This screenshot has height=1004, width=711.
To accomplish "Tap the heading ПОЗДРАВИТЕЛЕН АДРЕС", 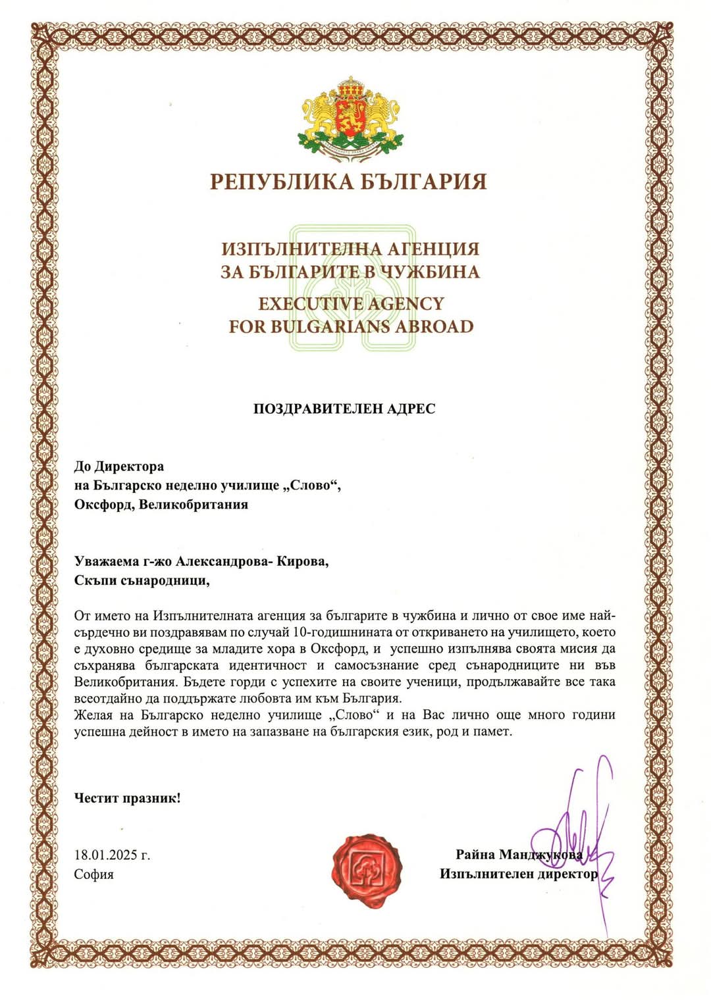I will [x=344, y=409].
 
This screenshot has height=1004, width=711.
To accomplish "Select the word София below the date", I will [x=94, y=874].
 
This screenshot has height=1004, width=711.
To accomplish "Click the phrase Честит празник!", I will [x=127, y=799].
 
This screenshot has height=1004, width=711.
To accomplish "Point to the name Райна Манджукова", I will [x=519, y=855].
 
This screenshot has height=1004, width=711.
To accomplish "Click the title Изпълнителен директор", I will [x=519, y=874].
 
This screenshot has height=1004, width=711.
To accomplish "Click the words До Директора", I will [x=119, y=466].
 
